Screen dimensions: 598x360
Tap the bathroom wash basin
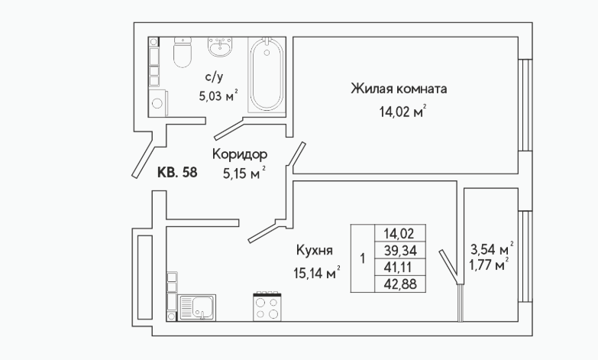click(220, 47)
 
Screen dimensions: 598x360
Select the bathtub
click(267, 75)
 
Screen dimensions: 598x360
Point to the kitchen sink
click(197, 307)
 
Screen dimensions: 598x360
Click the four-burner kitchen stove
click(267, 306)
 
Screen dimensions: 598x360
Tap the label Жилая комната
click(399, 89)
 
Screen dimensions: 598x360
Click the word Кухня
click(315, 251)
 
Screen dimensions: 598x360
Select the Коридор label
click(240, 154)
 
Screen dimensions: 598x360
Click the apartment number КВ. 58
click(177, 173)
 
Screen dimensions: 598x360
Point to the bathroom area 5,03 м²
click(218, 96)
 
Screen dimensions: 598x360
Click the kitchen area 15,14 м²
click(316, 273)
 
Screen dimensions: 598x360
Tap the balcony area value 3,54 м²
click(492, 249)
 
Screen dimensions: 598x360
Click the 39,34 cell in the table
click(400, 251)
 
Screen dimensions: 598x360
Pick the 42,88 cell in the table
click(400, 284)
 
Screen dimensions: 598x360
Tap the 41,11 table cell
click(400, 268)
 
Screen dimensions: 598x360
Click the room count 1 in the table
click(363, 258)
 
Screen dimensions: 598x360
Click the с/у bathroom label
click(215, 77)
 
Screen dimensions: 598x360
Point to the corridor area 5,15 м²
click(244, 174)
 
